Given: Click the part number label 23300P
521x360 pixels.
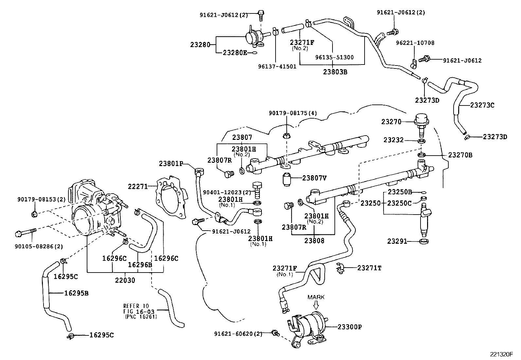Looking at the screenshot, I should (x=350, y=327).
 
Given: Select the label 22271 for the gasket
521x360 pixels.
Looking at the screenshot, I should (x=138, y=186).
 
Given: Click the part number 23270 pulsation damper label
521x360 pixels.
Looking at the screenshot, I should (x=391, y=122).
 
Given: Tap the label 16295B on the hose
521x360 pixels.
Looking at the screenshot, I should (x=76, y=293).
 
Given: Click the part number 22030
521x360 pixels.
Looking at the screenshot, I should (x=125, y=280).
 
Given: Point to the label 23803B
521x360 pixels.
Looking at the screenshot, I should (x=336, y=72).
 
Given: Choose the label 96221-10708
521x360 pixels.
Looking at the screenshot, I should (x=415, y=43).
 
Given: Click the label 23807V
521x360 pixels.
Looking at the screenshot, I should (x=314, y=178).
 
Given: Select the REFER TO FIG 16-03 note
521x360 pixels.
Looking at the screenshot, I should (x=140, y=311).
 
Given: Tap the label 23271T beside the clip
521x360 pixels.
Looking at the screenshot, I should (x=369, y=268).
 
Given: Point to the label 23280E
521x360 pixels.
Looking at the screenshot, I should (x=235, y=52).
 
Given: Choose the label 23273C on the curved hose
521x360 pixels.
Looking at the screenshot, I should (x=482, y=105).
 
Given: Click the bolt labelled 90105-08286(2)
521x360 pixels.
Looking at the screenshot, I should (x=26, y=234).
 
